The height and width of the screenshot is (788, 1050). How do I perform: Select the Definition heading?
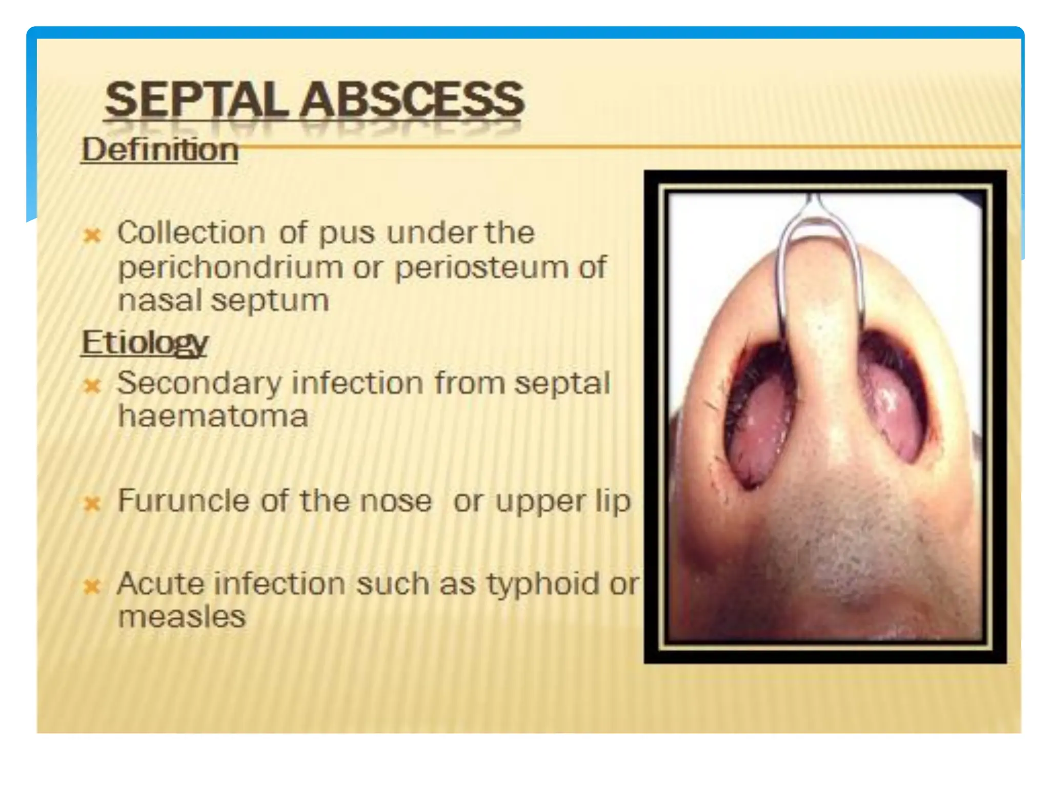pos(160,150)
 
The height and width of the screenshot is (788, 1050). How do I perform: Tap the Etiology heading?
pos(145,343)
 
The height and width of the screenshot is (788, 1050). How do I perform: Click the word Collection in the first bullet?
pos(191,233)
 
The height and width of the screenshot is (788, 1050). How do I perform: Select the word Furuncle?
pos(184,501)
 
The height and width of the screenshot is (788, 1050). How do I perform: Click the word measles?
pos(181,617)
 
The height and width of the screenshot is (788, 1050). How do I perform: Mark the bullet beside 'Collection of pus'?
pos(92,235)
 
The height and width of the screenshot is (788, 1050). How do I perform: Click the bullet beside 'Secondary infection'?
pos(92,386)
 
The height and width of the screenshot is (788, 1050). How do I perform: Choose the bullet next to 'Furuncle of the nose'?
pos(92,504)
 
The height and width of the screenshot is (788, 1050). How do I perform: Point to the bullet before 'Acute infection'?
pos(92,586)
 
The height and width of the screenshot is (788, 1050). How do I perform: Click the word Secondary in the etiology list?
pos(199,383)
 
